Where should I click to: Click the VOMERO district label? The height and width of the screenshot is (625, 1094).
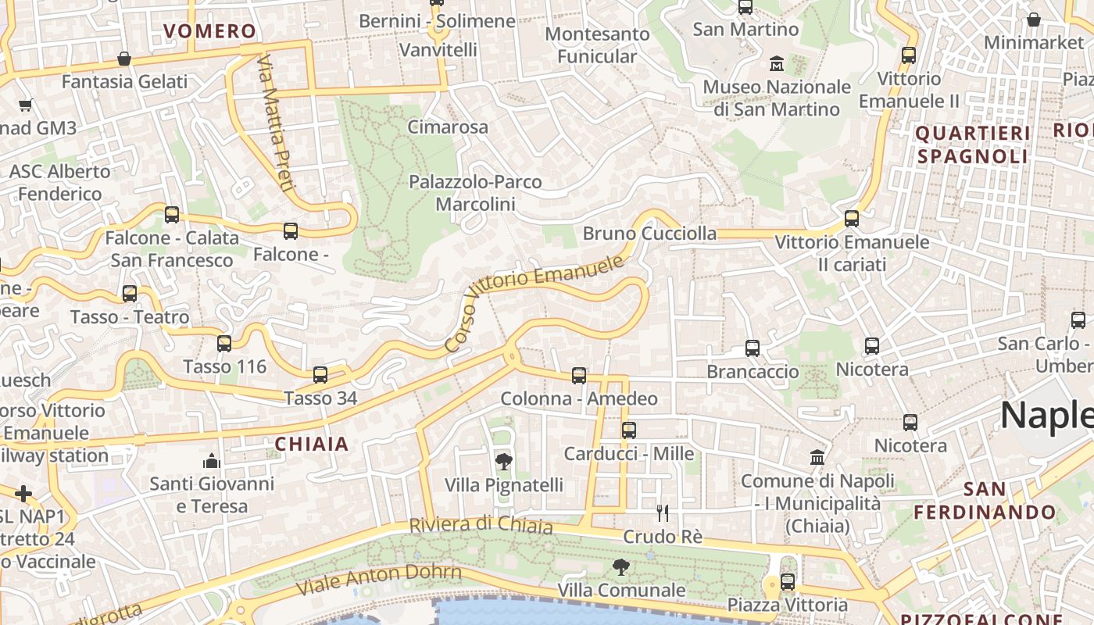tap(209, 31)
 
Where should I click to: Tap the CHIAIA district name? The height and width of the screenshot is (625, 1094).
tap(312, 445)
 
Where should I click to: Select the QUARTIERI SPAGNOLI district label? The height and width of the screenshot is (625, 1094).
tap(972, 145)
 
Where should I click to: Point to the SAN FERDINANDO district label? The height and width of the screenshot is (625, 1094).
tap(985, 501)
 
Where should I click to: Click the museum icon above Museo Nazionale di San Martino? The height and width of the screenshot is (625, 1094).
tap(777, 63)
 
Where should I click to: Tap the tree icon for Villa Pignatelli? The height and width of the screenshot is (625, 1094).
tap(504, 462)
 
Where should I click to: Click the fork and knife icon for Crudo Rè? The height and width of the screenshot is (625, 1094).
tap(663, 513)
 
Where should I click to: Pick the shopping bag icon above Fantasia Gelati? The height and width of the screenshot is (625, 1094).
tap(123, 59)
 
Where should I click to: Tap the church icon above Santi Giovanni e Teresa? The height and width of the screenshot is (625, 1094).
tap(212, 461)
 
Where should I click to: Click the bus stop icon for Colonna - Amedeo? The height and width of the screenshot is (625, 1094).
tap(579, 376)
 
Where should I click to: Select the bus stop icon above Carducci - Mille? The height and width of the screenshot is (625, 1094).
tap(629, 430)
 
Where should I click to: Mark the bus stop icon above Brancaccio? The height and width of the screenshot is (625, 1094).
tap(753, 348)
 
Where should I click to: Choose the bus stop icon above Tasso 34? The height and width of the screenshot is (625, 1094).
tap(320, 375)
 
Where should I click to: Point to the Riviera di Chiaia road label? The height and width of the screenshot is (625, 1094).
tap(481, 525)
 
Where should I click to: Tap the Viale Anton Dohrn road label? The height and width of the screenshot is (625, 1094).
tap(379, 579)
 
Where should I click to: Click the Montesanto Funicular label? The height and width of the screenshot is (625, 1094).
tap(597, 45)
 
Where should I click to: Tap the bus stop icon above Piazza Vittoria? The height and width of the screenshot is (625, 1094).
tap(788, 582)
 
